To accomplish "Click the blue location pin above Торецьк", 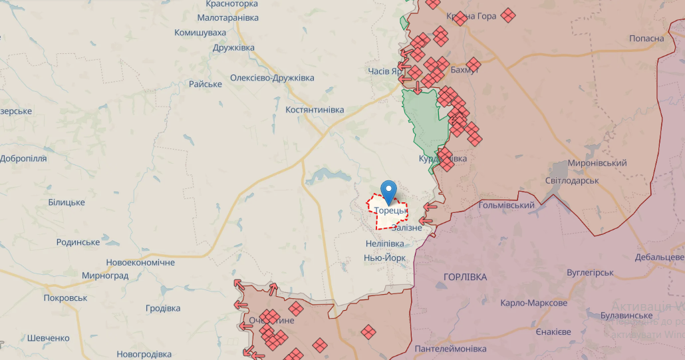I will (388, 191).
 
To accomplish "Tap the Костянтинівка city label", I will (315, 109).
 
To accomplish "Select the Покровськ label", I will (65, 297).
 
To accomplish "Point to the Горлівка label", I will (465, 277).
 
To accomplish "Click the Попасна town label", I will (646, 38).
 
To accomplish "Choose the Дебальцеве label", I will (659, 257).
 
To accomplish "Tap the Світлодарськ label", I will (572, 180).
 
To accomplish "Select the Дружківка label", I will (233, 48).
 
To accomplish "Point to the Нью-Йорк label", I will (385, 258).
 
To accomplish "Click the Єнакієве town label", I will (553, 331).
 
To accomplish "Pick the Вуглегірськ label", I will (590, 272).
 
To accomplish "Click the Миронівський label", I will (597, 163).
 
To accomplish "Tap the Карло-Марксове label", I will (534, 303).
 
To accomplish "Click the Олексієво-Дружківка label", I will (272, 78).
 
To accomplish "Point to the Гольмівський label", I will (507, 205).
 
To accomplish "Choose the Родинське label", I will (78, 242).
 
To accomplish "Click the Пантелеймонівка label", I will (450, 349).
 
